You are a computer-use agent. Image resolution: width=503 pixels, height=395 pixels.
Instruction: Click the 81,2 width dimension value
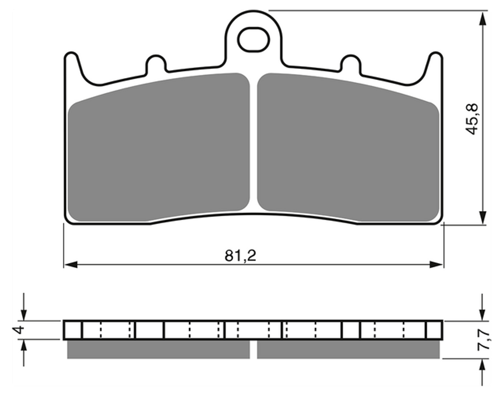[240, 255]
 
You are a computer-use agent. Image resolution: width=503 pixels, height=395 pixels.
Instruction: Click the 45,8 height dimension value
[472, 119]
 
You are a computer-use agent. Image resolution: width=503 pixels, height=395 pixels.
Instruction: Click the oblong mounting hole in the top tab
[253, 39]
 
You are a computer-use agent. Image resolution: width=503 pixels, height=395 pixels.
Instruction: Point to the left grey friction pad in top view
[159, 147]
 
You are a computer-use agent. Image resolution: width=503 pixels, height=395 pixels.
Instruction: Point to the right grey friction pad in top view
[348, 147]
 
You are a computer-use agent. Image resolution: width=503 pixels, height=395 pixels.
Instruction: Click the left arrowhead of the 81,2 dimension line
[70, 265]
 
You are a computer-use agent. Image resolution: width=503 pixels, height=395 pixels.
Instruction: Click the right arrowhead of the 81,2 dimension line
[437, 265]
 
